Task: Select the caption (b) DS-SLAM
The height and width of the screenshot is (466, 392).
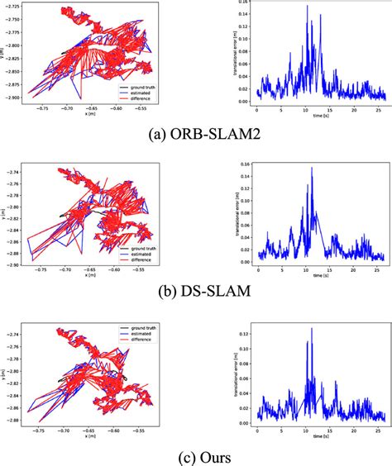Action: click(195, 290)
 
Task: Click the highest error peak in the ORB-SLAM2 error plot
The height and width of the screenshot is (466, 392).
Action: click(308, 7)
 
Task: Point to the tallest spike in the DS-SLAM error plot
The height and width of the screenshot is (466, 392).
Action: click(312, 168)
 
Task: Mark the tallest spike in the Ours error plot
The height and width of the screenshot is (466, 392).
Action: click(312, 328)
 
